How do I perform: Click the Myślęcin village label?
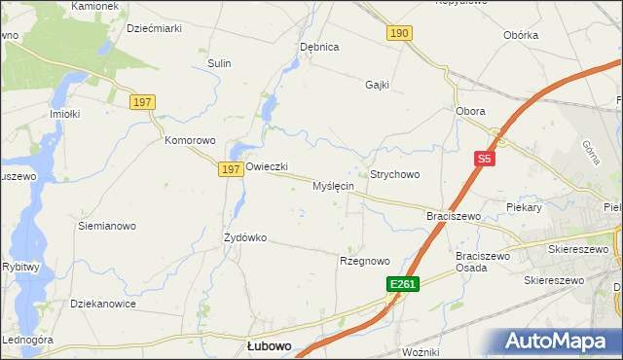(x=333, y=186)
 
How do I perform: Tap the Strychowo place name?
(x=394, y=174)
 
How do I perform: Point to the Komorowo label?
(x=189, y=140)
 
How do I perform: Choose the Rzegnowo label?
(x=364, y=261)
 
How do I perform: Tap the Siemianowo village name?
(x=106, y=226)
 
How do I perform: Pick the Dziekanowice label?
(x=102, y=304)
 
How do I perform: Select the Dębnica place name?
(x=319, y=47)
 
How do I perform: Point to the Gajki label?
(x=378, y=85)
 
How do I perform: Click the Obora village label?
(x=470, y=111)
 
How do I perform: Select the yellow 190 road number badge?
(x=399, y=33)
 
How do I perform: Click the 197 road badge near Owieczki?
(x=229, y=169)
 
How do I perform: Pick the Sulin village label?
(x=219, y=63)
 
